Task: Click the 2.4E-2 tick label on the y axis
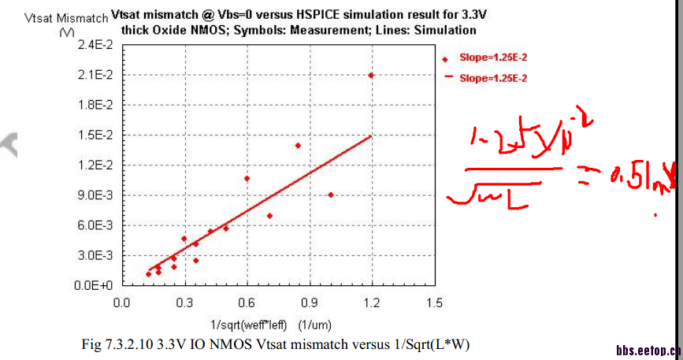pyautogui.click(x=96, y=46)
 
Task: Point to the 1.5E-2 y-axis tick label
pyautogui.click(x=96, y=135)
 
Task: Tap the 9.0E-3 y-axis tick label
pyautogui.click(x=96, y=195)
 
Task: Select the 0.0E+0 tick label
pyautogui.click(x=96, y=285)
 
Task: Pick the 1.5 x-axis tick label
pyautogui.click(x=433, y=302)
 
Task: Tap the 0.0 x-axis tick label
pyautogui.click(x=121, y=302)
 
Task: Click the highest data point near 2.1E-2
pyautogui.click(x=371, y=75)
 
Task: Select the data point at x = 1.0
pyautogui.click(x=330, y=195)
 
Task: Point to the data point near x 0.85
pyautogui.click(x=298, y=146)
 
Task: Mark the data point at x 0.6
pyautogui.click(x=247, y=179)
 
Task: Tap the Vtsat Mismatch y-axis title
pyautogui.click(x=58, y=17)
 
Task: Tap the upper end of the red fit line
pyautogui.click(x=370, y=135)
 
